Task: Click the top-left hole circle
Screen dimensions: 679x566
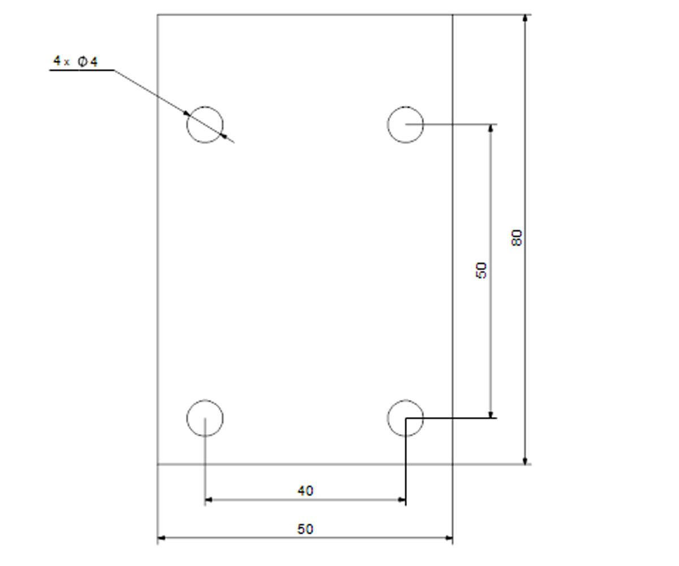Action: tap(187, 125)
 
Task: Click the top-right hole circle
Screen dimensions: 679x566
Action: tap(387, 125)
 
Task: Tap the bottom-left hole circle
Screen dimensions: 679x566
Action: tap(187, 418)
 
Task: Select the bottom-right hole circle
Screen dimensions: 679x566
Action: tap(387, 418)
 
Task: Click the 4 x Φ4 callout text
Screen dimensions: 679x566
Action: tap(75, 61)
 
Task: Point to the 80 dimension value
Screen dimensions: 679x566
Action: tap(517, 238)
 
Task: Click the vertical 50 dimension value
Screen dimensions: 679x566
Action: tap(482, 271)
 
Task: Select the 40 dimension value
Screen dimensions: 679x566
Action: tap(306, 491)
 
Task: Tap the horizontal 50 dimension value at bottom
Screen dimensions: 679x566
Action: tap(306, 529)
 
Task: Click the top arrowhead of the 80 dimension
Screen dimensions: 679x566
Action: tap(525, 18)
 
